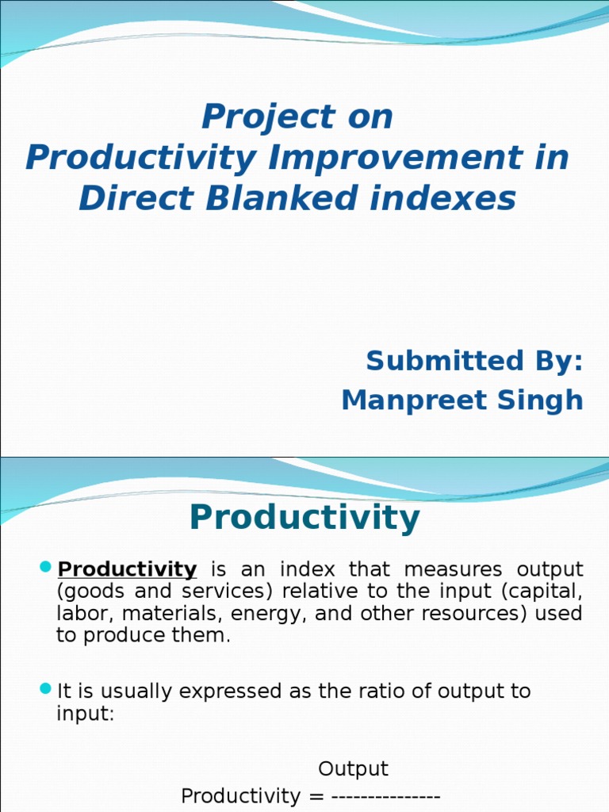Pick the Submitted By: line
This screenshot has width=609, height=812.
(x=474, y=361)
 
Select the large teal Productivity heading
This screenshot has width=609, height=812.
(x=304, y=518)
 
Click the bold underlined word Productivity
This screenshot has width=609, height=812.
(x=128, y=569)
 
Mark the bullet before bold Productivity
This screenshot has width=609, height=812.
(x=45, y=567)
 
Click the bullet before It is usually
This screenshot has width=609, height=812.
(x=45, y=688)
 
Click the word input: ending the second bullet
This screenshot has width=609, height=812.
(x=86, y=713)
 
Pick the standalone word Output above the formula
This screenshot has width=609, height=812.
(x=353, y=769)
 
